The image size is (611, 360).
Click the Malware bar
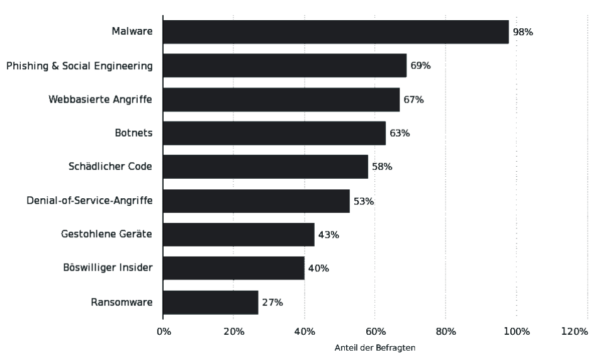click(x=335, y=32)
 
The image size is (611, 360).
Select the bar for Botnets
click(x=274, y=133)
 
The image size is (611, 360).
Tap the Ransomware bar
click(x=210, y=302)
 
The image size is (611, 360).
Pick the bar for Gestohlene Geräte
click(x=238, y=235)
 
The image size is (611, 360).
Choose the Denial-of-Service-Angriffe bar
click(x=256, y=201)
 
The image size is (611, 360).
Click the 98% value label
click(x=523, y=32)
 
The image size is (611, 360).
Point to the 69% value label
click(x=420, y=65)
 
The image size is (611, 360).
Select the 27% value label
click(x=272, y=302)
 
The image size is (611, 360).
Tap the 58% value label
click(x=382, y=167)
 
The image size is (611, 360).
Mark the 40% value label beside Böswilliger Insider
click(x=318, y=268)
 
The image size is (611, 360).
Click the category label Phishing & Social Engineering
click(x=79, y=65)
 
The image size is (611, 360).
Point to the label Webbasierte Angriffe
click(x=101, y=99)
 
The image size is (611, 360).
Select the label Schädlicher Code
click(x=110, y=167)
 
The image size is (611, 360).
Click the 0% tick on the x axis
click(x=163, y=332)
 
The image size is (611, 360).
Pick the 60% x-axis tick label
click(x=375, y=332)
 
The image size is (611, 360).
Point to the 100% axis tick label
click(x=517, y=332)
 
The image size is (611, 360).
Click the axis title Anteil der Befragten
click(x=375, y=347)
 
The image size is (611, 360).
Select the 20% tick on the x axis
click(x=233, y=332)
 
